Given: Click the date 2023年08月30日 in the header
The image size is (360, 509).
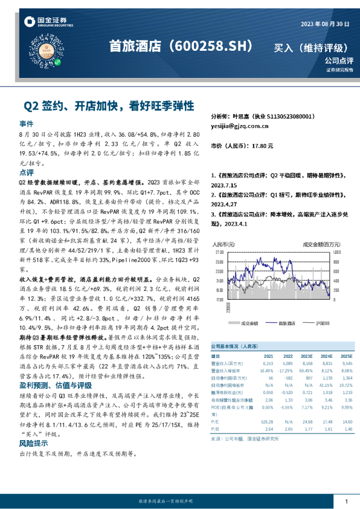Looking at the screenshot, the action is (x=325, y=24).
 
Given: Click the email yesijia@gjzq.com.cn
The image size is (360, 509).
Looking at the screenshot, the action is (x=239, y=126).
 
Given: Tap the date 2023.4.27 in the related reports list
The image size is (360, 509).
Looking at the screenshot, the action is (x=227, y=205).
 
